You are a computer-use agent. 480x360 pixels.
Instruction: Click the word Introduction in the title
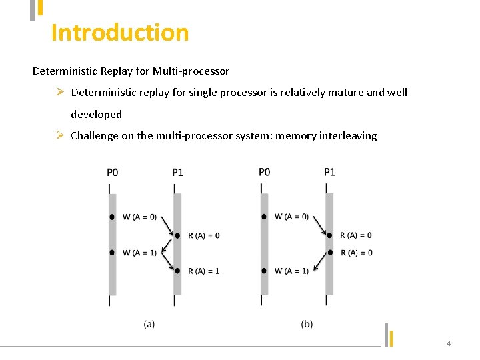point(120,33)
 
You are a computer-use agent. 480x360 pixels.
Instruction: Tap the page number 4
point(449,343)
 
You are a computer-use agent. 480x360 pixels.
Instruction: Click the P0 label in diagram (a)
point(113,172)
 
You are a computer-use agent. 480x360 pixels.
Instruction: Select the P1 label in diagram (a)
point(177,172)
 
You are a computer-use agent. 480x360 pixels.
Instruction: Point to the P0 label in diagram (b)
point(265,172)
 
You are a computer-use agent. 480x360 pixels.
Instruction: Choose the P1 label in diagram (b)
point(329,172)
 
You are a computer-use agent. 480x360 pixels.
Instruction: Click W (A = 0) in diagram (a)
point(140,217)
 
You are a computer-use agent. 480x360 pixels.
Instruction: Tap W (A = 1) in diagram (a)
point(140,253)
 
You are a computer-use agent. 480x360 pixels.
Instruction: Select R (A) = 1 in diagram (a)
point(203,271)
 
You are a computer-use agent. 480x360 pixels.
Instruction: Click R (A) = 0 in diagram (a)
point(203,235)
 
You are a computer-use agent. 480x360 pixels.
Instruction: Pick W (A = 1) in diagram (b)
point(292,271)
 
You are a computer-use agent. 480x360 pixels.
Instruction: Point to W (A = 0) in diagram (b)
point(292,217)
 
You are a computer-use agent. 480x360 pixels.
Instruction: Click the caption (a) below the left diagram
point(149,324)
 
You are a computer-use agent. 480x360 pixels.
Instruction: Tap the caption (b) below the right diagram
point(307,324)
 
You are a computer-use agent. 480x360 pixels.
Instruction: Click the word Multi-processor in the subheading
point(191,71)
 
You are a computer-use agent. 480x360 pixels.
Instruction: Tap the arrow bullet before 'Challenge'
point(59,135)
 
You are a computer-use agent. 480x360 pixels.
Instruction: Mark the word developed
point(96,115)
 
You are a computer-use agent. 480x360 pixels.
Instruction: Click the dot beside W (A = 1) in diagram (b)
point(265,271)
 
